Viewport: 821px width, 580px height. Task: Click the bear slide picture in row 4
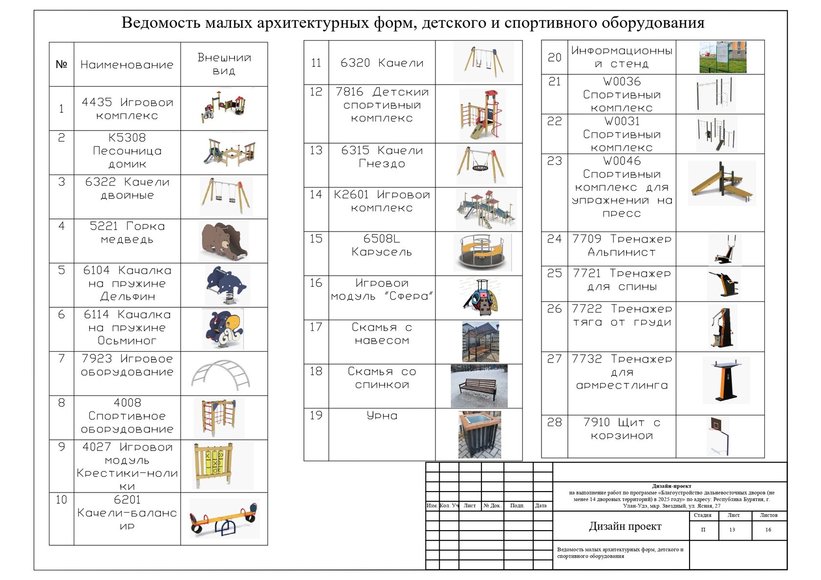tap(224, 241)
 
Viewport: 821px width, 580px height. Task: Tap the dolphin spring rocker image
tap(226, 285)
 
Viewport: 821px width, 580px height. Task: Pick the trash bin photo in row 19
tap(479, 434)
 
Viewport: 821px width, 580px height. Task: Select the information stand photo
tap(723, 57)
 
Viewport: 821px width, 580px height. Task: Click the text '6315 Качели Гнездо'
tap(382, 157)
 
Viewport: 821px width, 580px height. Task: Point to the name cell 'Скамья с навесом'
tap(382, 334)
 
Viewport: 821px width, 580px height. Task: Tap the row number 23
tap(554, 161)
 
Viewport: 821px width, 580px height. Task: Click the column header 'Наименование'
tap(127, 64)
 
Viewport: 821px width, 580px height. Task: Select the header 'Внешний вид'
tap(224, 64)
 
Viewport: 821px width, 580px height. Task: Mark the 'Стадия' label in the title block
tap(703, 516)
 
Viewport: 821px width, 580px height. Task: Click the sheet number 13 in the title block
tap(732, 530)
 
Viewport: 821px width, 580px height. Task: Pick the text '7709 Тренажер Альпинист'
tap(622, 245)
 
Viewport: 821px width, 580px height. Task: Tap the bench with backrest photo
tap(479, 386)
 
